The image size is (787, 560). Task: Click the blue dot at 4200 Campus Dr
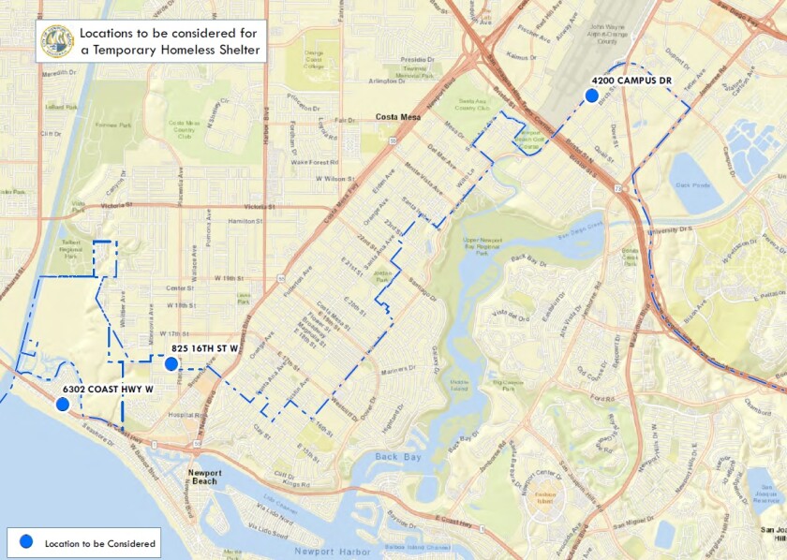[x=591, y=96]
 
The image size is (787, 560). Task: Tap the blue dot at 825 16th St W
[x=171, y=364]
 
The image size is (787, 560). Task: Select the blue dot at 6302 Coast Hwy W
[x=62, y=405]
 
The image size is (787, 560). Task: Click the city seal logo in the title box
[x=57, y=41]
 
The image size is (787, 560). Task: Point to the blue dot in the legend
[x=26, y=542]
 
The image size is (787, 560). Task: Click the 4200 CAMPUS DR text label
[x=631, y=81]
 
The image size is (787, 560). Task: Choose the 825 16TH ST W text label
[x=206, y=349]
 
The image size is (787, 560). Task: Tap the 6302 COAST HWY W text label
[x=107, y=389]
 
